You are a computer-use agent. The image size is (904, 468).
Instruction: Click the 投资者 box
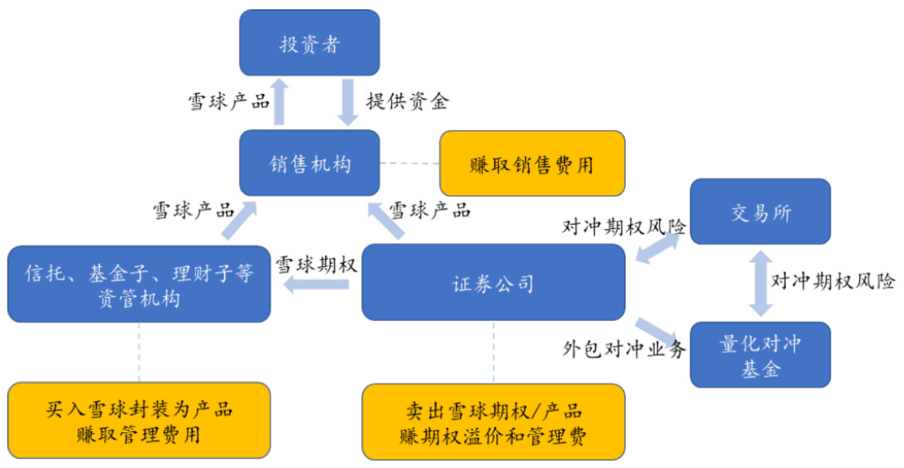point(309,43)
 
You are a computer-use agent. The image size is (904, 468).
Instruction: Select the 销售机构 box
point(309,163)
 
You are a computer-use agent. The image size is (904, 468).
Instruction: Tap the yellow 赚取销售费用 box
point(532,163)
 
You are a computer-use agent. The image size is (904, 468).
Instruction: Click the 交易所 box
point(760,212)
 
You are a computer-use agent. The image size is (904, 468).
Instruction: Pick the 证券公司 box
point(493,283)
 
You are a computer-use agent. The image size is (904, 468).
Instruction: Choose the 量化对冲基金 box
point(760,355)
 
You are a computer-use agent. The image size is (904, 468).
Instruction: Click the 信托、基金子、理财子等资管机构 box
point(138,284)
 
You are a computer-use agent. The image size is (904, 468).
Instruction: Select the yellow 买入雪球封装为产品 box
point(138,421)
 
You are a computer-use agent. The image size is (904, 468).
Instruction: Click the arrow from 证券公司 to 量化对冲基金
point(657,331)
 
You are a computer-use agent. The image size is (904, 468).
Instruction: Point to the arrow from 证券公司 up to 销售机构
point(386,219)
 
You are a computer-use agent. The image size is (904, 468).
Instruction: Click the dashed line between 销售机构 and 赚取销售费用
point(410,163)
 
